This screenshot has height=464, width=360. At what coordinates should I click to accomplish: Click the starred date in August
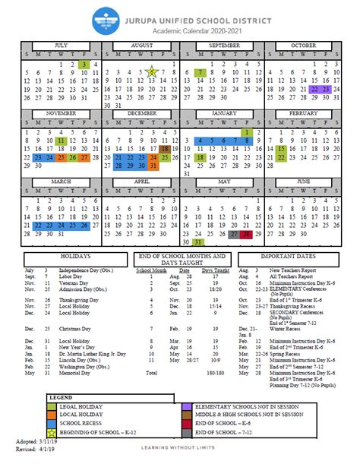pyautogui.click(x=152, y=73)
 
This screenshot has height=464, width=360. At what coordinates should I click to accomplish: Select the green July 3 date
pyautogui.click(x=83, y=65)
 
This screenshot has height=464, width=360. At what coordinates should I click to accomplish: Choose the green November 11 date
pyautogui.click(x=61, y=140)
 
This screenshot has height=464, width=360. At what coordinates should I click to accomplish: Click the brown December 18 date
pyautogui.click(x=166, y=150)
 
